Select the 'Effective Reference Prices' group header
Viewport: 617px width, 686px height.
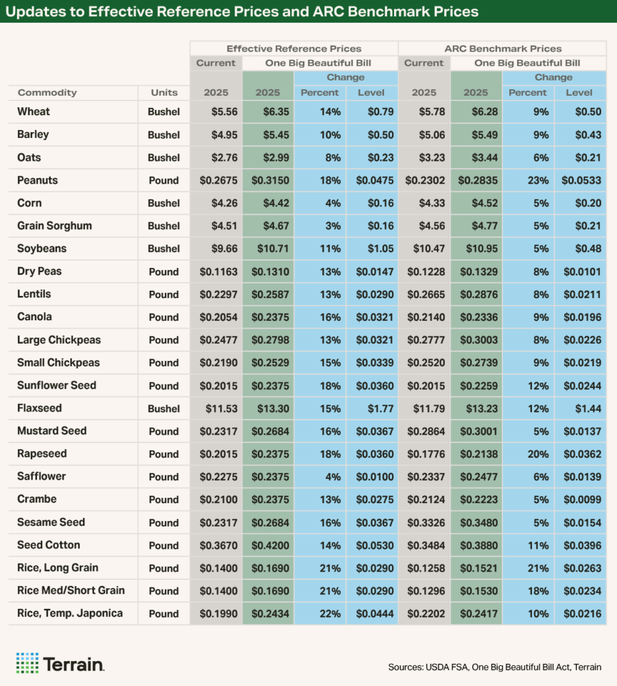[x=293, y=48]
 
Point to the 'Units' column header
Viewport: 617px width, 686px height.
[x=164, y=92]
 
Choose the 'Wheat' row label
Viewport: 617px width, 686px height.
[x=33, y=112]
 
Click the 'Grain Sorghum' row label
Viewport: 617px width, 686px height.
[x=54, y=226]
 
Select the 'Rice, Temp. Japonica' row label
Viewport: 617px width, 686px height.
[x=70, y=613]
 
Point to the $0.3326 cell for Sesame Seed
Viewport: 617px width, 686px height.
[x=425, y=522]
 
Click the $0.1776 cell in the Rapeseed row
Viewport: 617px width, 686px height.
[x=425, y=454]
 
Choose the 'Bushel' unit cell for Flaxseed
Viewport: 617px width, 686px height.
[x=164, y=408]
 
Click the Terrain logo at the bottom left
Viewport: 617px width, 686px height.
[x=60, y=663]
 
